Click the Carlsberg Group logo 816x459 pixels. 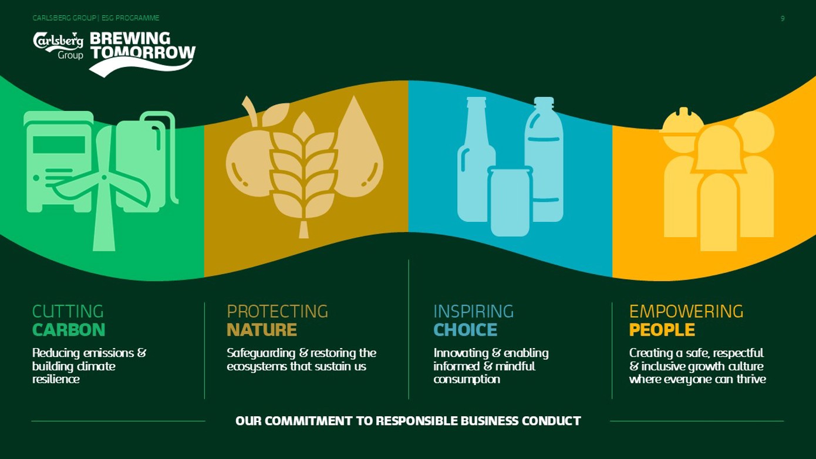[58, 46]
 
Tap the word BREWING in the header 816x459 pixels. [130, 38]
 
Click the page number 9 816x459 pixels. [783, 19]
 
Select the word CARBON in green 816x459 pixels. [69, 330]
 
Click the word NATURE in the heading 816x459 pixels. [262, 330]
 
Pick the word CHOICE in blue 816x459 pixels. [465, 330]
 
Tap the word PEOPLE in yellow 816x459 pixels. [662, 330]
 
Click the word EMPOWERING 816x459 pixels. [686, 312]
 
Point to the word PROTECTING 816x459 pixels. [277, 312]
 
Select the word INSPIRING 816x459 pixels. [474, 312]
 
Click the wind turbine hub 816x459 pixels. [104, 177]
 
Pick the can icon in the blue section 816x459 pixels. [510, 201]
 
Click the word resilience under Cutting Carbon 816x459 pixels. [56, 379]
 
